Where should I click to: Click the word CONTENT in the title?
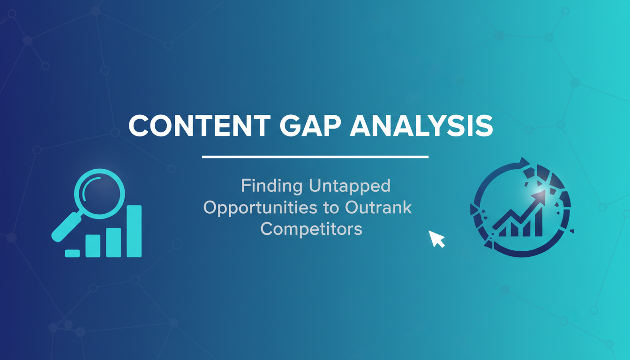tap(199, 126)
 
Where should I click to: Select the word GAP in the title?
tap(310, 126)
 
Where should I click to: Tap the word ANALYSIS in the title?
tap(421, 126)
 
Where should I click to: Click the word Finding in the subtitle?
tap(272, 186)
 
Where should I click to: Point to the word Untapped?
tap(350, 186)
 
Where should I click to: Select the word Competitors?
tap(311, 229)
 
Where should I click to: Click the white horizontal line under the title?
tap(315, 157)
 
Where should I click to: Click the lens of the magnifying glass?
tap(99, 194)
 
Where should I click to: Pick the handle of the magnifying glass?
tap(66, 227)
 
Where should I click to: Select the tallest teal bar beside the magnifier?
tap(134, 231)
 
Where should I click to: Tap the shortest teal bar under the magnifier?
tap(72, 254)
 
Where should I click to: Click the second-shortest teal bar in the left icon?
tap(93, 246)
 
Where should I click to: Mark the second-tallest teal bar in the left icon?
tap(113, 242)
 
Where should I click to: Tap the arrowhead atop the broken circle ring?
tap(524, 163)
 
